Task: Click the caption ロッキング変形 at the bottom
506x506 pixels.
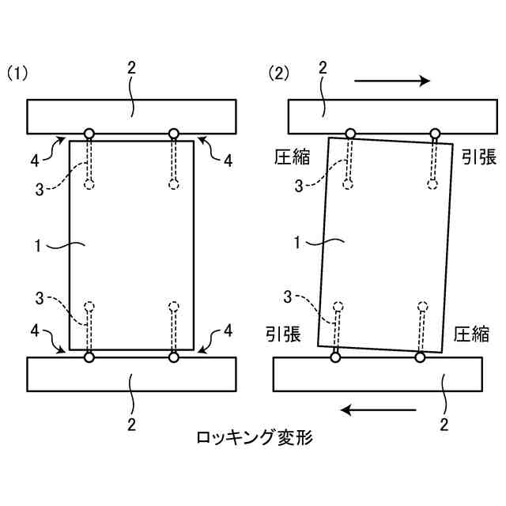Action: click(x=253, y=436)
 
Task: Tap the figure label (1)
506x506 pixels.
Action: click(x=18, y=74)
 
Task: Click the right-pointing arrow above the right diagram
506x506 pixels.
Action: click(x=392, y=81)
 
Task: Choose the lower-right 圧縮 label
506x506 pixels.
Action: click(x=471, y=334)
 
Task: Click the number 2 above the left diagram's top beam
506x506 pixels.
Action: click(x=131, y=68)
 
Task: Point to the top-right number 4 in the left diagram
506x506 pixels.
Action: click(x=228, y=160)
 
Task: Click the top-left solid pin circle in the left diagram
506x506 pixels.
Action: click(x=89, y=134)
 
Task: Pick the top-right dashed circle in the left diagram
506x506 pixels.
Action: click(x=175, y=184)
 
